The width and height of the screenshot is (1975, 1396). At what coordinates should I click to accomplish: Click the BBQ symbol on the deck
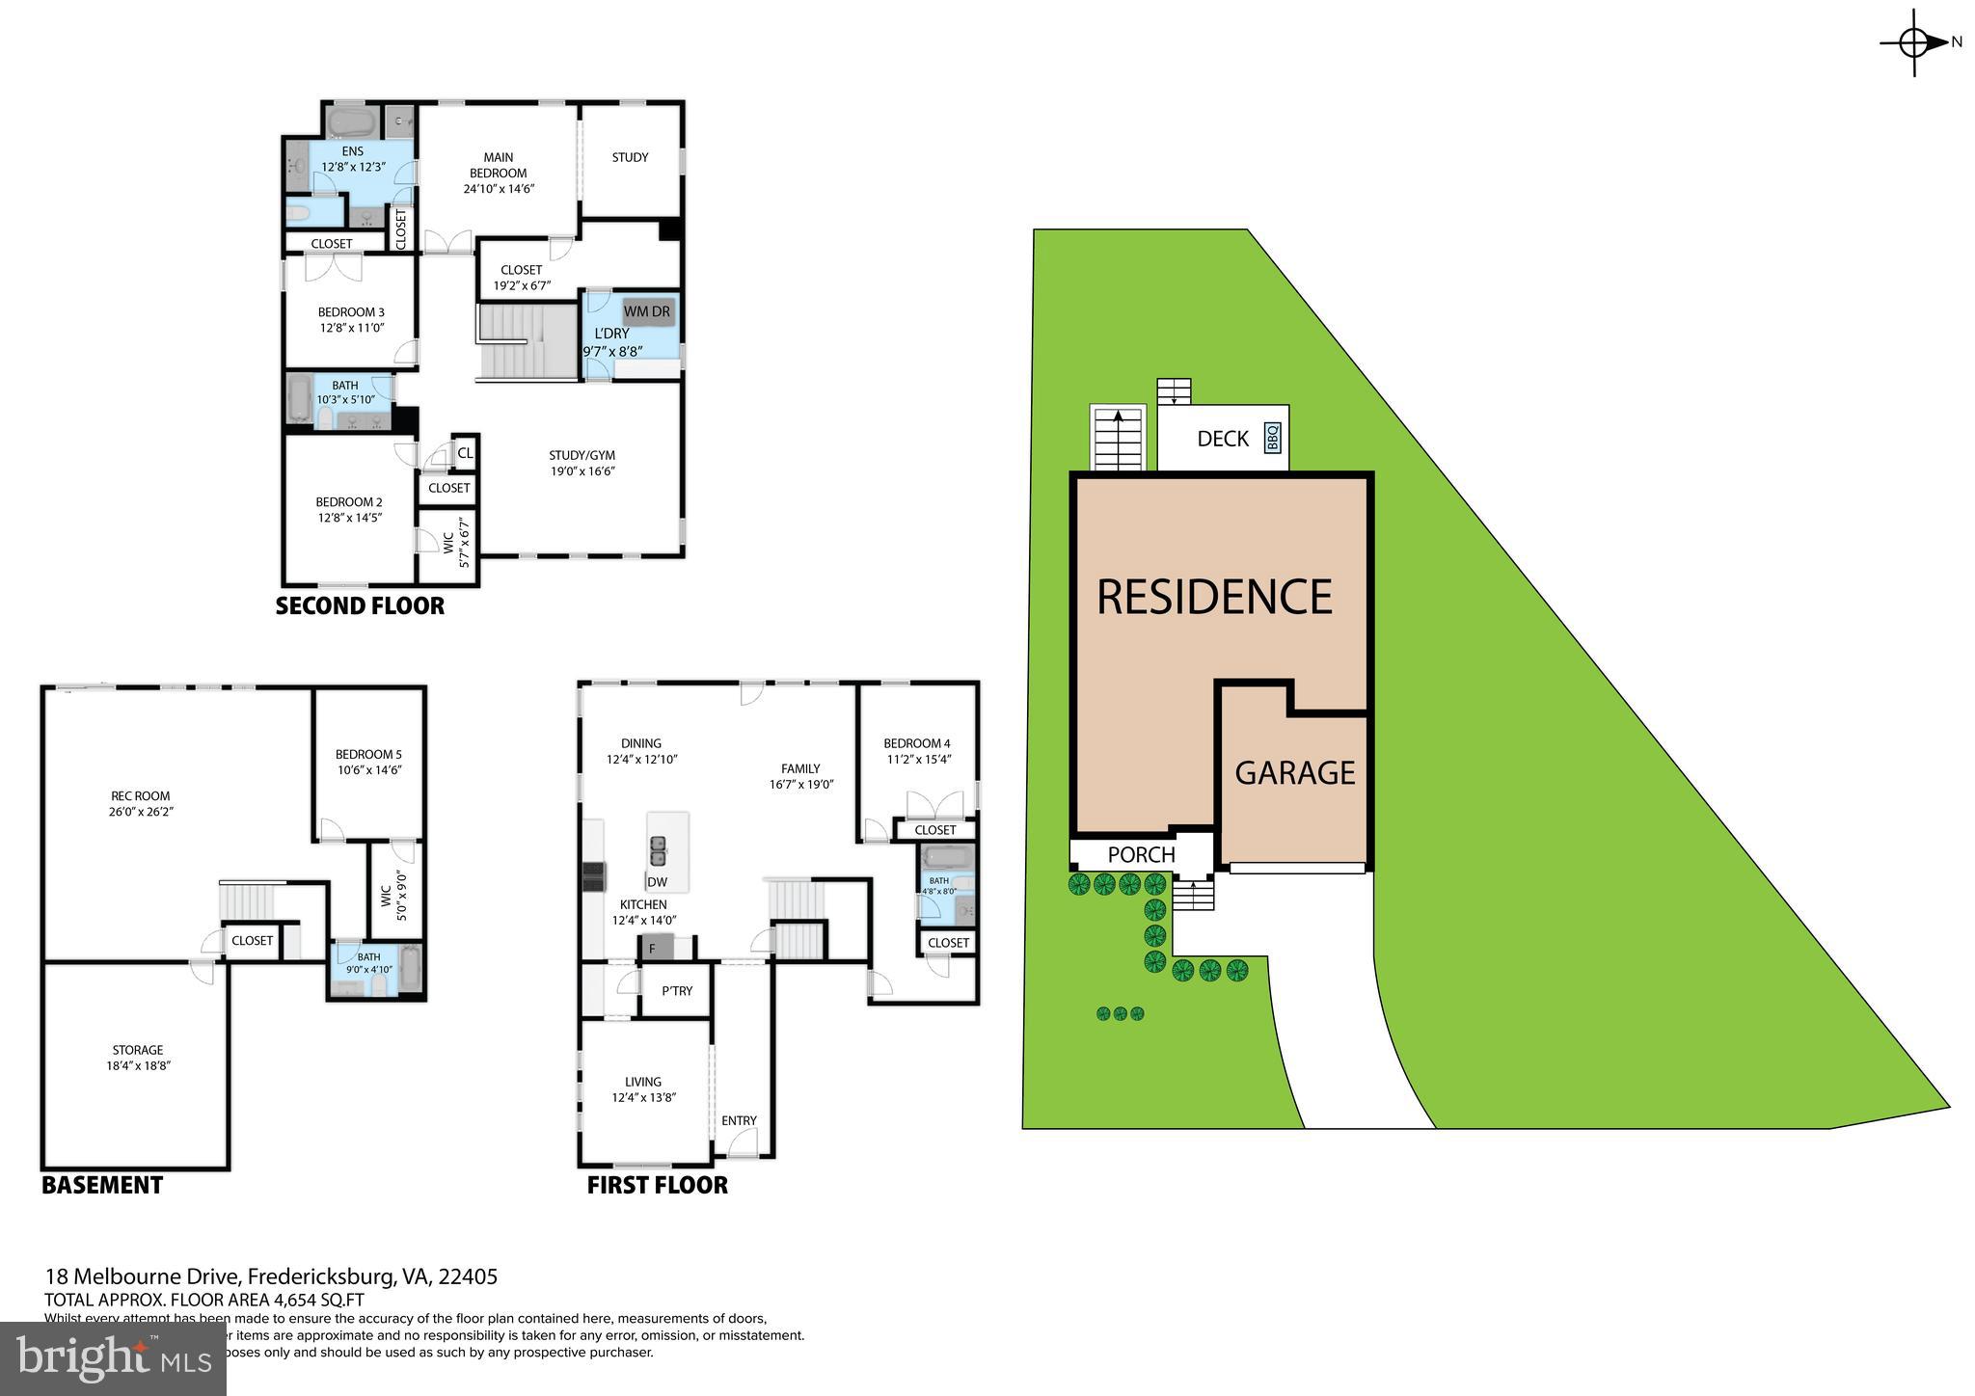(1272, 438)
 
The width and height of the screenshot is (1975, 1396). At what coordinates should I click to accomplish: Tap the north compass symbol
(1915, 42)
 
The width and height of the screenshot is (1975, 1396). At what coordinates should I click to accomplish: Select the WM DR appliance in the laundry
(647, 311)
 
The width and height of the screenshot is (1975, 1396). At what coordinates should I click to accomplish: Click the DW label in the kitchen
(657, 881)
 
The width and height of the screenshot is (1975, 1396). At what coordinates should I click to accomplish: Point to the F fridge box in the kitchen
(653, 949)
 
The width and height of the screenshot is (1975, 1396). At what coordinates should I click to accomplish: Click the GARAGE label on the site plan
(1294, 772)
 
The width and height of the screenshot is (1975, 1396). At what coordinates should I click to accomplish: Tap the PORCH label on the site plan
(1141, 854)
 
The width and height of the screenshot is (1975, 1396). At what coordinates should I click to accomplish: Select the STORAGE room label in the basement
(137, 1050)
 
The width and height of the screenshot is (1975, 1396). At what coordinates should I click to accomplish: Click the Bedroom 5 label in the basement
(368, 754)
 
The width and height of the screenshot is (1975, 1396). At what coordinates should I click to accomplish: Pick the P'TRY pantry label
(676, 991)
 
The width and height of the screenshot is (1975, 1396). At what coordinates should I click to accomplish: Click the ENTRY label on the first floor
(739, 1120)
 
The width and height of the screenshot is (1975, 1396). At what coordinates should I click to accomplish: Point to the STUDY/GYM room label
(582, 455)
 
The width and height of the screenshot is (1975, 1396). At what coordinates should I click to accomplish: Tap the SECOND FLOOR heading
(360, 605)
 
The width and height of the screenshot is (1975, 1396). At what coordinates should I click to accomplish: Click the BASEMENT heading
(102, 1185)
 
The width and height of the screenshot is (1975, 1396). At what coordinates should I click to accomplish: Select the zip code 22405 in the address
(468, 1276)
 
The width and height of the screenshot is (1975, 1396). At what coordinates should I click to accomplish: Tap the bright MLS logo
(113, 1358)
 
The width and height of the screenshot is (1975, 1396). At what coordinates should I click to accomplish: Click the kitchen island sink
(659, 850)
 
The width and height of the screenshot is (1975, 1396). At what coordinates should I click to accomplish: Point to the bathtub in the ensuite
(351, 122)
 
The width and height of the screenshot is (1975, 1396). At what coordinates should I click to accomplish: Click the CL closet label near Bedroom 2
(465, 452)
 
